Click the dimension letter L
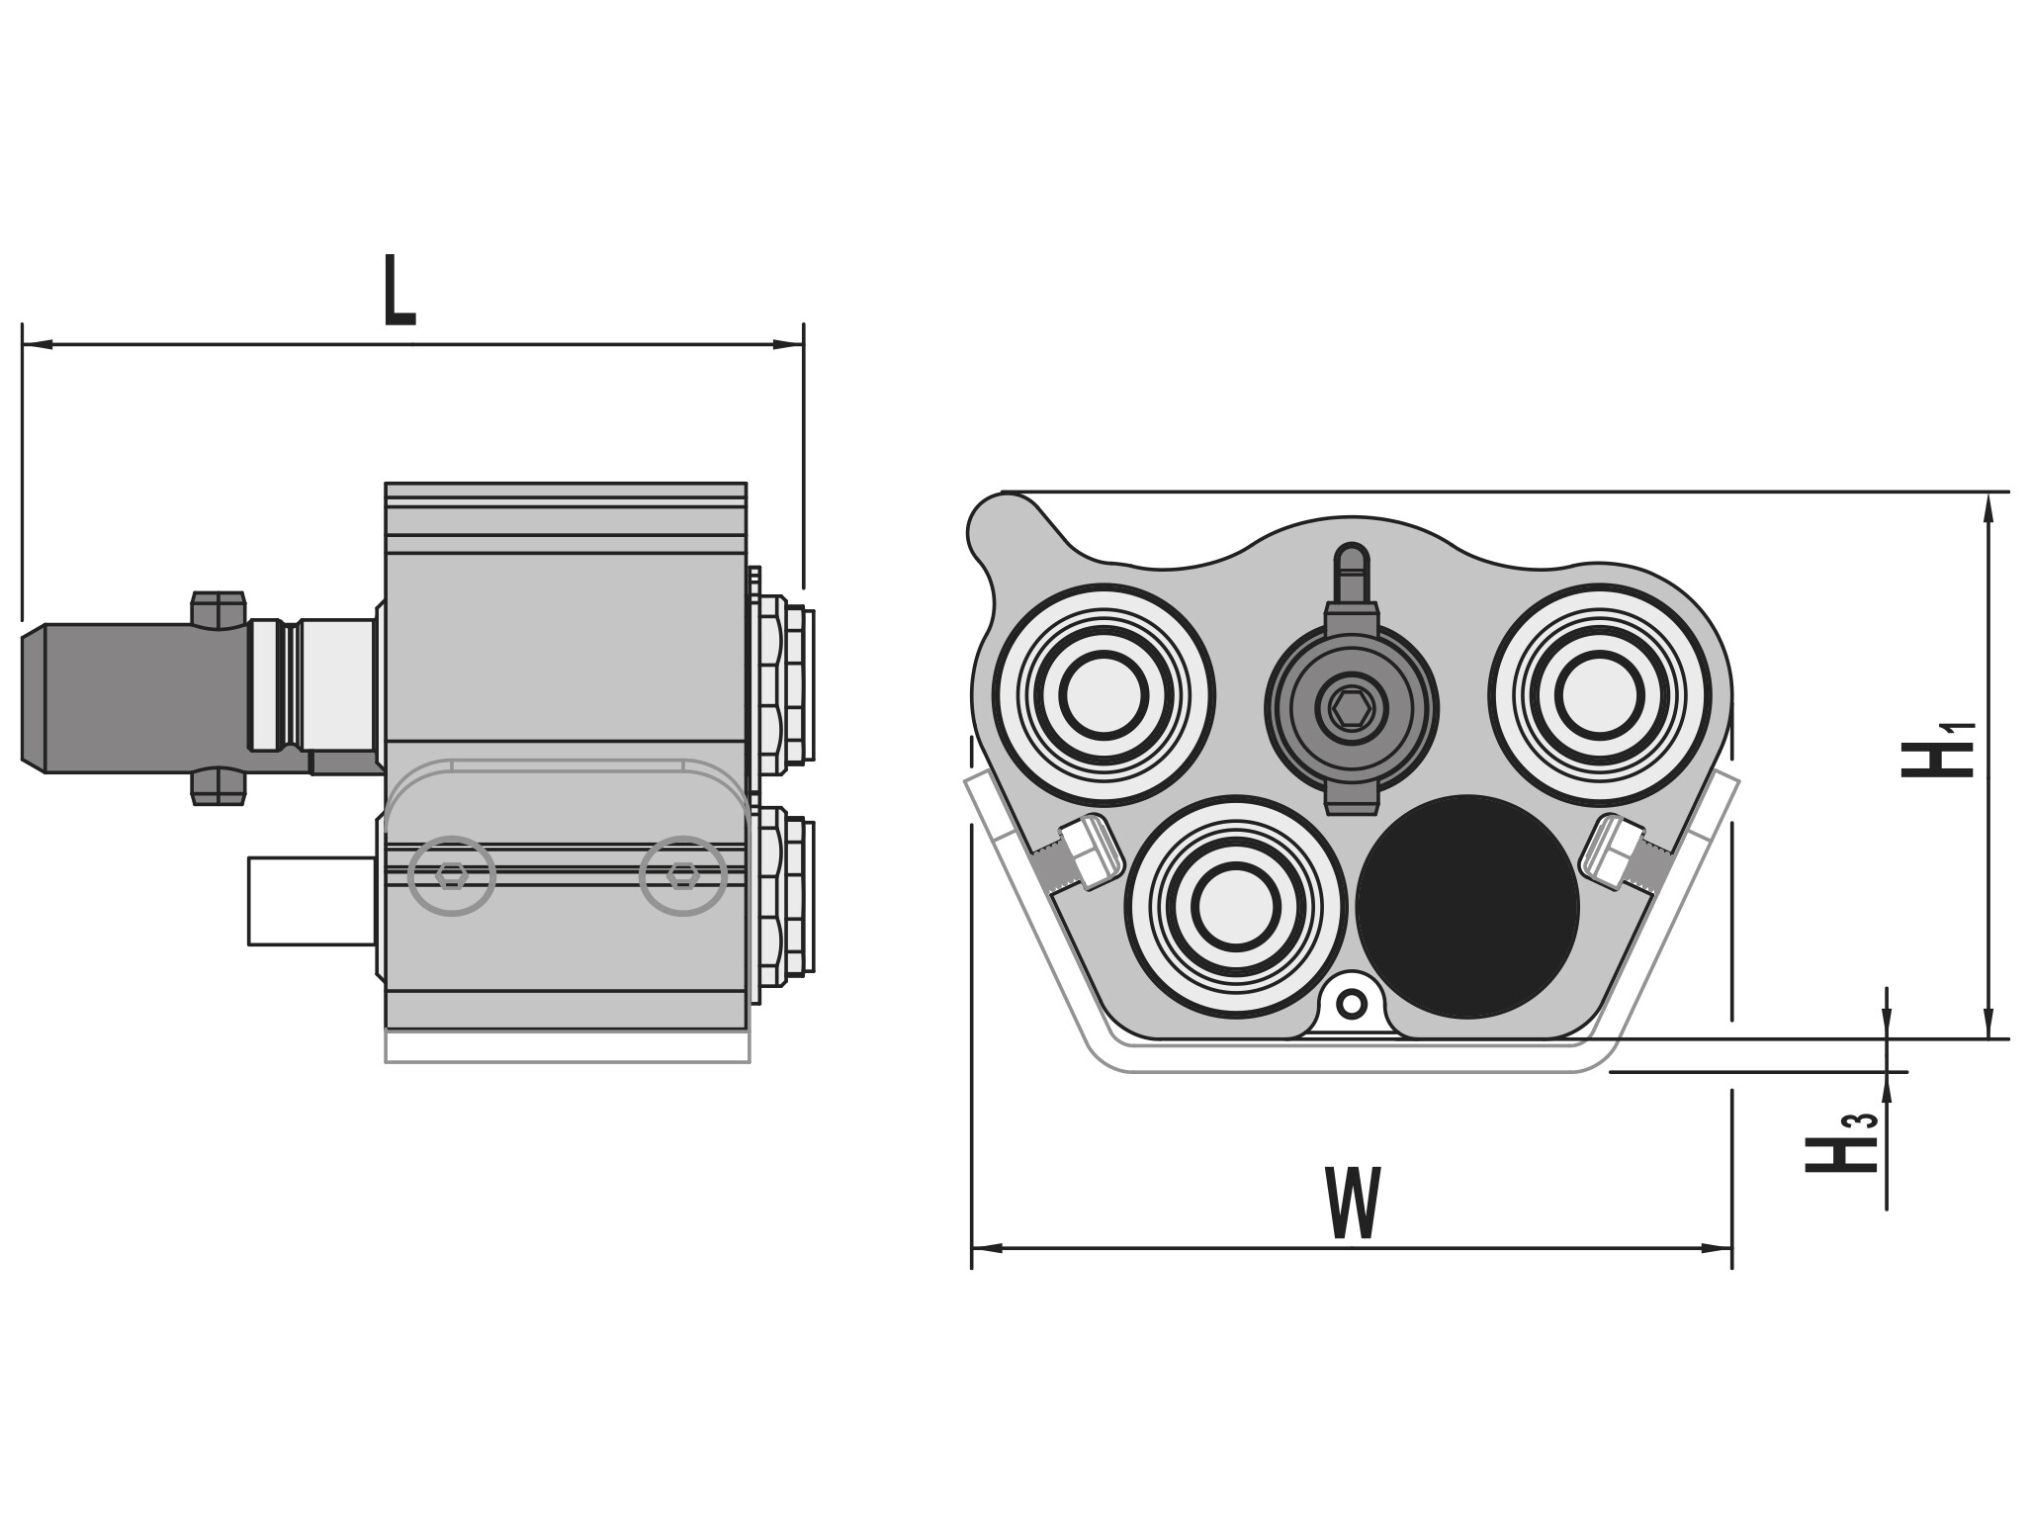(399, 291)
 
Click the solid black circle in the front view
(1467, 906)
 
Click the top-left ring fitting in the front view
(1104, 694)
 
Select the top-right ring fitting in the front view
(1600, 694)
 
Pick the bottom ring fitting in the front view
(1235, 906)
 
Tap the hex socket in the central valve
(1351, 707)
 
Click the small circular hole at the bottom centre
(1351, 1005)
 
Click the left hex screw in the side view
(452, 875)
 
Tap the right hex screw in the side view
(683, 875)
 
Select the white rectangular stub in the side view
(311, 901)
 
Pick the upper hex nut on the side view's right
(783, 684)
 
